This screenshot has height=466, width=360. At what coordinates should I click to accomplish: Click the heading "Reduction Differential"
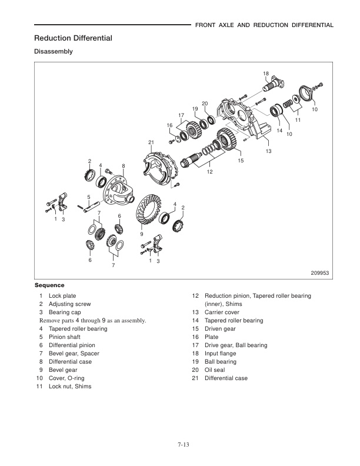[x=73, y=38]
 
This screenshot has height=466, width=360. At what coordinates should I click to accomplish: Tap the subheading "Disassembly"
[x=54, y=52]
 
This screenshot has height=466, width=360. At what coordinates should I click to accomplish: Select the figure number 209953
[x=322, y=272]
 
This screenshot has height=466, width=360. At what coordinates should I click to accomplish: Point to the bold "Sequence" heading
[x=49, y=285]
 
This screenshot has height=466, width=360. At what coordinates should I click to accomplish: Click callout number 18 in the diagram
[x=266, y=74]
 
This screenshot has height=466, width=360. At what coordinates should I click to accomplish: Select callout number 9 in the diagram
[x=141, y=234]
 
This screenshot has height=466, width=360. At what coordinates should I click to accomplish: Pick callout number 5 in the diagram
[x=88, y=197]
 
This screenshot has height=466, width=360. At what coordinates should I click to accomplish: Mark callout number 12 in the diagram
[x=209, y=172]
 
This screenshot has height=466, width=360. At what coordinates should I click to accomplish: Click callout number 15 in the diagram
[x=241, y=160]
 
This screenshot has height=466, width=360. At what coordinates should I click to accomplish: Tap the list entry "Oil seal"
[x=216, y=370]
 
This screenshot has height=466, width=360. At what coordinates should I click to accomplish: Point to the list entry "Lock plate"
[x=62, y=295]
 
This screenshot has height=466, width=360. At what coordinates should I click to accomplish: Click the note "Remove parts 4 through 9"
[x=92, y=321]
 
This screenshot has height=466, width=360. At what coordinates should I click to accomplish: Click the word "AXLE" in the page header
[x=237, y=25]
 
